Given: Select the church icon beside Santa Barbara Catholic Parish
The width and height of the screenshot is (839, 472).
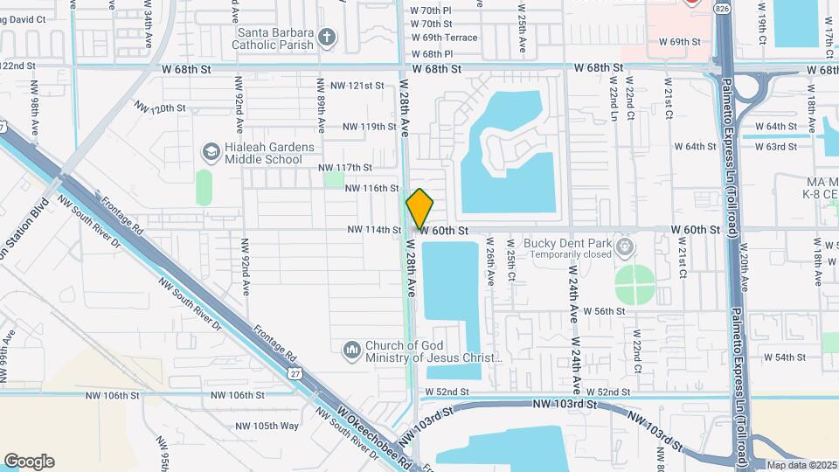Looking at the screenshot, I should point(327,37).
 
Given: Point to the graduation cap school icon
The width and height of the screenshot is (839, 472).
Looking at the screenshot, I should point(210,152).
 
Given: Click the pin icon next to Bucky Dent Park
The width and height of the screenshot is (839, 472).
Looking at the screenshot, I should point(624,247).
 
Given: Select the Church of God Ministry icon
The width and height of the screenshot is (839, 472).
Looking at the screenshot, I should point(352,351).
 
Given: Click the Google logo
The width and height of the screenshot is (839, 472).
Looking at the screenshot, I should point(29,461).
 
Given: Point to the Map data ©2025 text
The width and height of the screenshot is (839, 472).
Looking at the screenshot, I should point(801,465).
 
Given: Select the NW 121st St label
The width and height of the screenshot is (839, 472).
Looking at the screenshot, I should point(357,86).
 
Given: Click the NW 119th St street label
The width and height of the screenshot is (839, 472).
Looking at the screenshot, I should point(370,127).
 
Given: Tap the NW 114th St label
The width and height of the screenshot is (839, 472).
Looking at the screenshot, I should point(374,230).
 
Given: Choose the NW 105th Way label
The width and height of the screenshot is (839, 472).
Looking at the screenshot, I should point(267,426).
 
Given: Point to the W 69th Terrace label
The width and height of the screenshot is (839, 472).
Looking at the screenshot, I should point(443,38).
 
